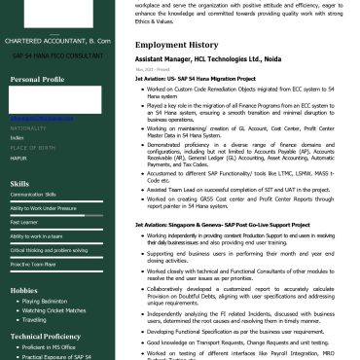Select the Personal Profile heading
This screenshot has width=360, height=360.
coord(37,79)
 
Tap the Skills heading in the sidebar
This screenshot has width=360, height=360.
coord(19,183)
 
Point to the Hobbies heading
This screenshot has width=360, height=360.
coord(24,290)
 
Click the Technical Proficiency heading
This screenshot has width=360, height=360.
coord(46,336)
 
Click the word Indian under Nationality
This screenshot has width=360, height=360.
coord(18,137)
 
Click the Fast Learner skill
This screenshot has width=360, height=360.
coord(24,222)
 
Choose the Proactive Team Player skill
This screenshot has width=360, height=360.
coord(33,264)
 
